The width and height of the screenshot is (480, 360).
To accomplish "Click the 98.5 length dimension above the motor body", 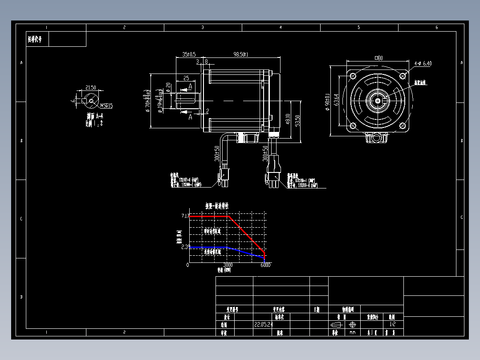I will tap(240, 54).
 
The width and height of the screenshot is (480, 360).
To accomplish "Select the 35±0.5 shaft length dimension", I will tap(189, 54).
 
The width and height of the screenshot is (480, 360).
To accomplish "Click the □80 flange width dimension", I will tap(379, 57).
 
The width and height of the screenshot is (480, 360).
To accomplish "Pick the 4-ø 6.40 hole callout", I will tap(423, 64).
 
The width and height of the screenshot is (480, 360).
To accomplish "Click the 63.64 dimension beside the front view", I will tap(337, 99).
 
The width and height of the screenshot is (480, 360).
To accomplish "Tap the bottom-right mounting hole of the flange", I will tap(403, 126).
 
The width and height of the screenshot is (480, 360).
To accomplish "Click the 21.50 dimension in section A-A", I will tap(90, 87).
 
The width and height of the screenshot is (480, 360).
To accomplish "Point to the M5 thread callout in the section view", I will tap(106, 106).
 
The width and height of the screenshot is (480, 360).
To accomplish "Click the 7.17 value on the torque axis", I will tap(185, 216).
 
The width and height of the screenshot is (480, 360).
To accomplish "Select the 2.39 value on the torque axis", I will tap(185, 247).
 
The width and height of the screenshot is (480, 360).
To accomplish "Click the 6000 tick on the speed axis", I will tap(265, 265).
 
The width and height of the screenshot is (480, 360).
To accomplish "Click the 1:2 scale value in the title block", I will tap(392, 325).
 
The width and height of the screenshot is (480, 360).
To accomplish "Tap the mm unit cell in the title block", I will tap(353, 332).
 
